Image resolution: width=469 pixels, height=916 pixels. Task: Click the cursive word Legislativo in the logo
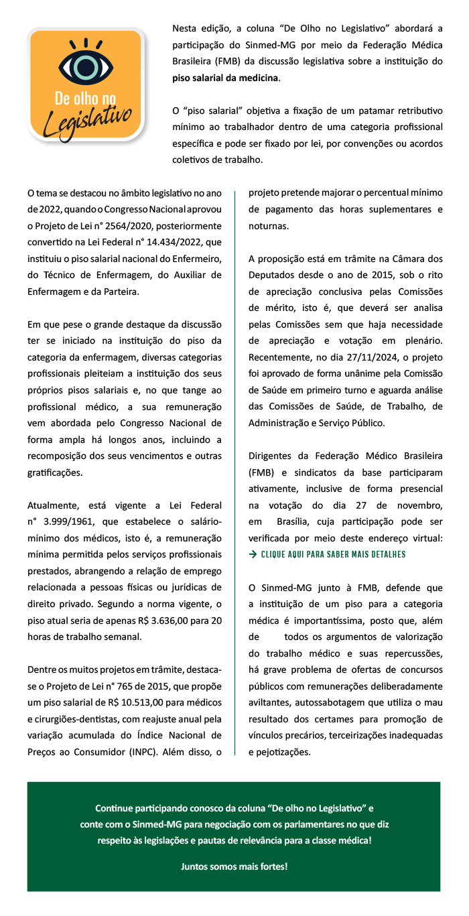point(86,121)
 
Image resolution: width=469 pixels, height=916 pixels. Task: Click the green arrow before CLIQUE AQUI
point(253,554)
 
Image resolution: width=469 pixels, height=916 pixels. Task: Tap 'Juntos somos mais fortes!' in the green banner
point(234,866)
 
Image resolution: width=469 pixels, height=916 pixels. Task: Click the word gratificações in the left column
point(56,472)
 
